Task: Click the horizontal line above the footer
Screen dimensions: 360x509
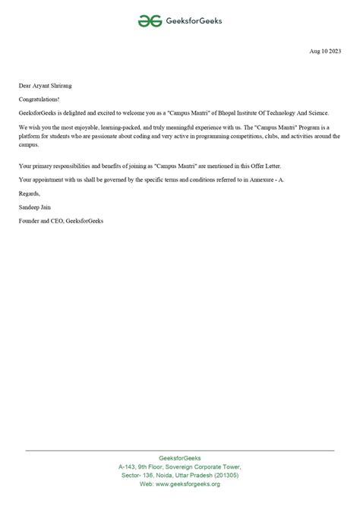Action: tap(180, 451)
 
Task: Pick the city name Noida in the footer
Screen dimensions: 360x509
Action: tap(160, 474)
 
